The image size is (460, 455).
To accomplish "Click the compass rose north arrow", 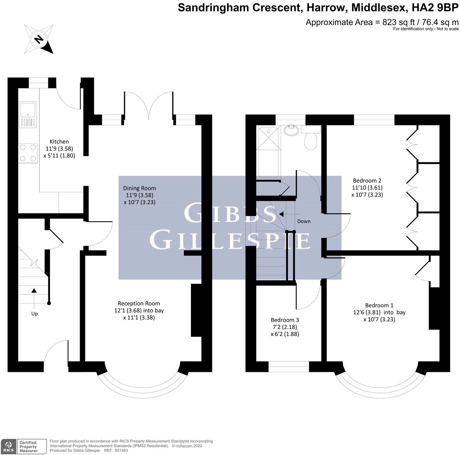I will (39, 39).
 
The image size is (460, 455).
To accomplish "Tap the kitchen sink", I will (28, 110).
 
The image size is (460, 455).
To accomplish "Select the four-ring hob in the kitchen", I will (28, 153).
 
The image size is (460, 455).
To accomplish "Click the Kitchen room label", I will (59, 142).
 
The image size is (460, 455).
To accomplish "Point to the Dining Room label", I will (139, 188).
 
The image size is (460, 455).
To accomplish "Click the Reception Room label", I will (139, 304).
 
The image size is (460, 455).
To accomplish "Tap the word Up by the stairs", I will (34, 314).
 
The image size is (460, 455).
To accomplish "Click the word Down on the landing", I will (304, 221).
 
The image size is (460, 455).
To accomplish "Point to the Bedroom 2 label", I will (367, 181).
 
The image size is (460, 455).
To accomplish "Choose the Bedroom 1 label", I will (379, 305).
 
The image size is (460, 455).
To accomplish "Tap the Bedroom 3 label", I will (285, 320).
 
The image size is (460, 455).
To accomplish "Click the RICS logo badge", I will (8, 447).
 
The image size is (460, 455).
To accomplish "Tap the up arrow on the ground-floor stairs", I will (34, 290).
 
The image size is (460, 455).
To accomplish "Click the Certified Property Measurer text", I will (28, 447).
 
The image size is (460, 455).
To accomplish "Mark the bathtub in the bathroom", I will (268, 152).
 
